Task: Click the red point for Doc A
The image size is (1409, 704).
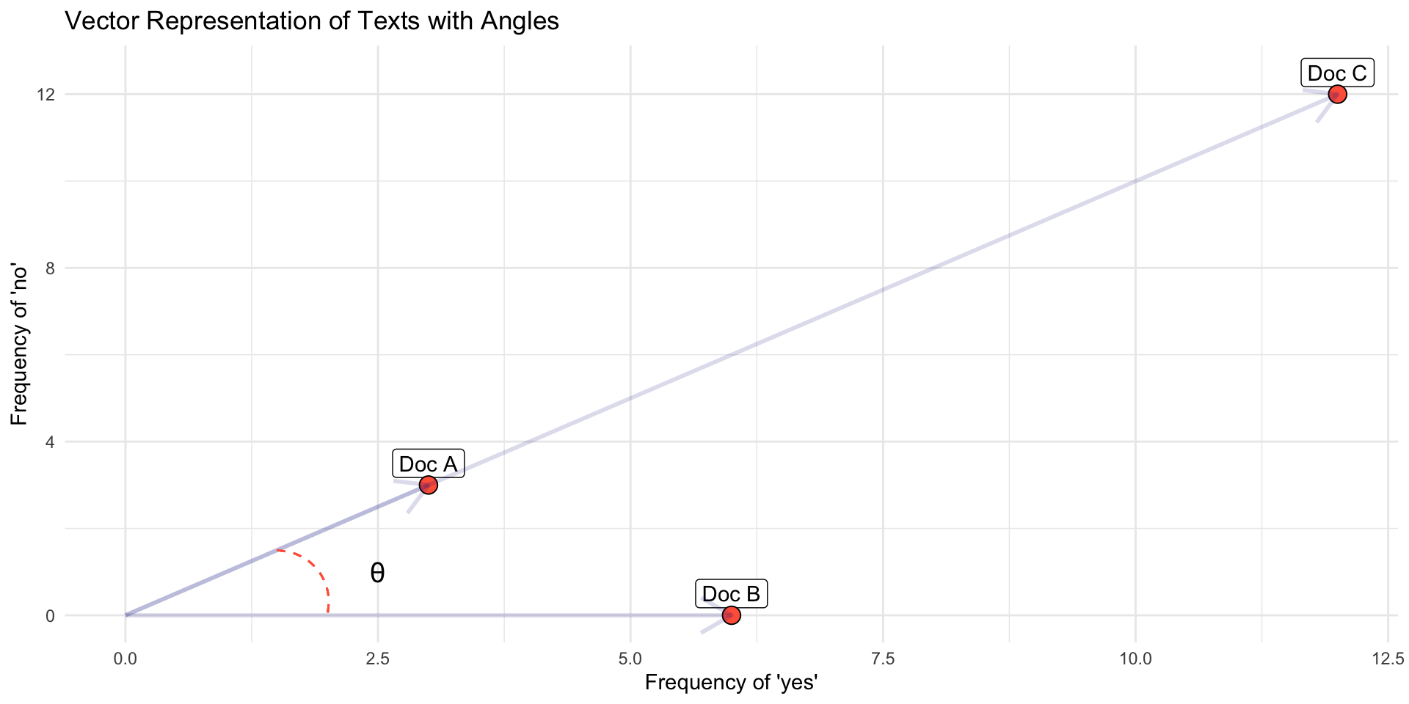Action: (429, 485)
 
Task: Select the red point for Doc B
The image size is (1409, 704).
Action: (731, 615)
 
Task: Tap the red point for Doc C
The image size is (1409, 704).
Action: (1337, 94)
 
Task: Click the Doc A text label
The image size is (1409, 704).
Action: (428, 464)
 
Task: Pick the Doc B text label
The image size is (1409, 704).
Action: (731, 594)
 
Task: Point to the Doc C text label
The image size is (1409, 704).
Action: (1337, 73)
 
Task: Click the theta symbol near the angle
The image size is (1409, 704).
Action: (377, 573)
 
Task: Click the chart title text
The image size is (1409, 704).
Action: (312, 21)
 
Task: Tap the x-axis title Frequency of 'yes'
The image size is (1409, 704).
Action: (731, 683)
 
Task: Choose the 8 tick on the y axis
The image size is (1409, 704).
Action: (51, 268)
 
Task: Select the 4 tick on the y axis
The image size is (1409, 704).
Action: (51, 442)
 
